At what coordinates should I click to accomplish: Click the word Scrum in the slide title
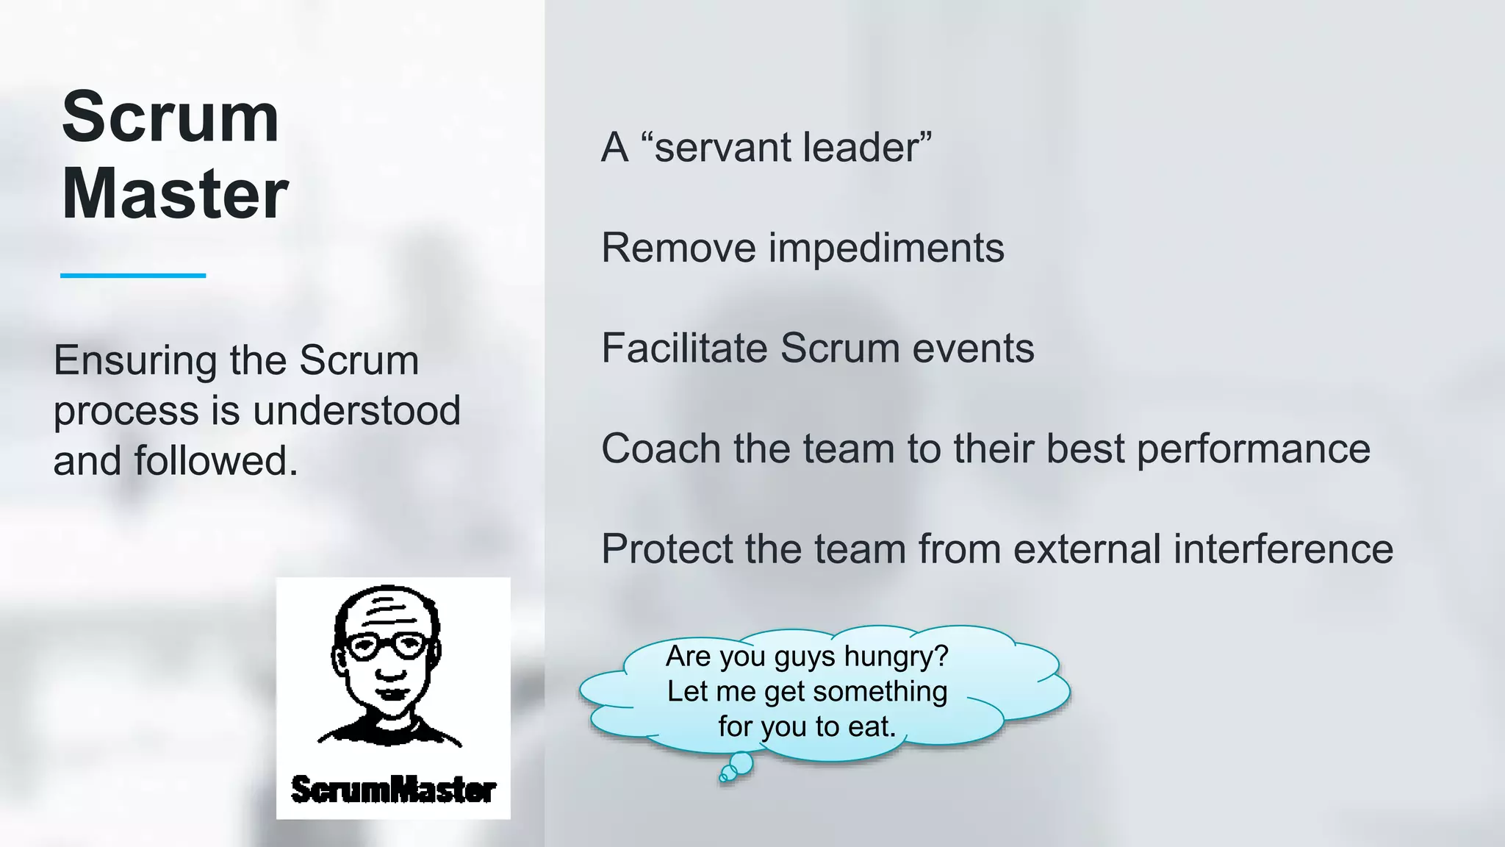pyautogui.click(x=170, y=118)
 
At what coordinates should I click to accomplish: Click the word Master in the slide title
pyautogui.click(x=175, y=194)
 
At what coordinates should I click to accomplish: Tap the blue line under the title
pyautogui.click(x=133, y=276)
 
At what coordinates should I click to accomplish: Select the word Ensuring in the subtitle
pyautogui.click(x=134, y=362)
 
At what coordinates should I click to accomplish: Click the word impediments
pyautogui.click(x=886, y=248)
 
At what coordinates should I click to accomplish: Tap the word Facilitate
pyautogui.click(x=684, y=348)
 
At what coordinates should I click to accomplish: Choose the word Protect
pyautogui.click(x=666, y=548)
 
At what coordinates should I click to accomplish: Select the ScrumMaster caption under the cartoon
pyautogui.click(x=393, y=790)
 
